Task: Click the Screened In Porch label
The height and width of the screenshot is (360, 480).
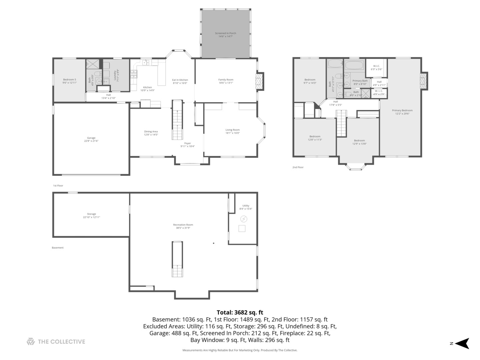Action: pyautogui.click(x=225, y=35)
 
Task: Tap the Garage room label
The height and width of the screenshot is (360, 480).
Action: pyautogui.click(x=91, y=139)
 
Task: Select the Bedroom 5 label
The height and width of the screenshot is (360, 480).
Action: pyautogui.click(x=70, y=81)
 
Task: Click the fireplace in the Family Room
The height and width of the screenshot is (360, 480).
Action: pyautogui.click(x=259, y=81)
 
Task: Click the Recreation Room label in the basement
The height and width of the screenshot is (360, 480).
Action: pyautogui.click(x=183, y=226)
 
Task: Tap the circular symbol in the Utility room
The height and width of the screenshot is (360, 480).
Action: pyautogui.click(x=244, y=219)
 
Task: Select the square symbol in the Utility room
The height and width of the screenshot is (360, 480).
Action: pyautogui.click(x=242, y=228)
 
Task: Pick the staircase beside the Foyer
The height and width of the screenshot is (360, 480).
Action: pyautogui.click(x=177, y=120)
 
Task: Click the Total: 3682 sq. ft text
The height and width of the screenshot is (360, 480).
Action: pyautogui.click(x=240, y=312)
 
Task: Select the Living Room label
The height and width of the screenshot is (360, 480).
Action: pyautogui.click(x=232, y=131)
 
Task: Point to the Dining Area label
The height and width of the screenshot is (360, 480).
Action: pyautogui.click(x=151, y=133)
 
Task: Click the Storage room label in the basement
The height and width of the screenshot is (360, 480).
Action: pyautogui.click(x=91, y=215)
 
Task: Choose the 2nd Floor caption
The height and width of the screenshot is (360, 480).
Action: pyautogui.click(x=298, y=167)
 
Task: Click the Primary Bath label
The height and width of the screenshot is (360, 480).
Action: pyautogui.click(x=360, y=82)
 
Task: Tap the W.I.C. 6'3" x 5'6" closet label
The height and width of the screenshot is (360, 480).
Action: pyautogui.click(x=376, y=67)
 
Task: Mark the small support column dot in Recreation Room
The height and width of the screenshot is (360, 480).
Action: pyautogui.click(x=214, y=243)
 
